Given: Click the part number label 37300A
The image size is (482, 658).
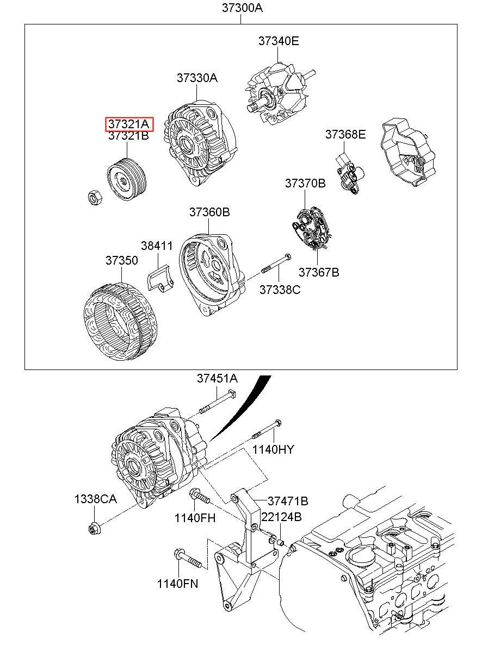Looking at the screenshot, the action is (x=242, y=8).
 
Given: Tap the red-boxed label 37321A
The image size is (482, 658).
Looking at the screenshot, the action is (x=129, y=124).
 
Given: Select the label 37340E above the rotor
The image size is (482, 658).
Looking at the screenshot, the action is (x=279, y=41).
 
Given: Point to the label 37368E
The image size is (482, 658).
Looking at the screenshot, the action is (x=345, y=134).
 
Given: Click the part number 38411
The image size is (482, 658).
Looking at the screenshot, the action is (x=157, y=246).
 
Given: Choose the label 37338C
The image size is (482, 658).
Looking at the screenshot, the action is (x=280, y=290).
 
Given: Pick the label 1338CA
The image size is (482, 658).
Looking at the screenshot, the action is (x=96, y=499).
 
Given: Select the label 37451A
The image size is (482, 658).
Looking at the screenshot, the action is (x=217, y=378).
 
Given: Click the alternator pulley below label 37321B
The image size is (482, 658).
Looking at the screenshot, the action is (x=126, y=179).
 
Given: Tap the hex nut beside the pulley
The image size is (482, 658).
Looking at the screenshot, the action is (x=95, y=197).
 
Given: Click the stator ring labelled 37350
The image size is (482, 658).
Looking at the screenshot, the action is (x=121, y=321).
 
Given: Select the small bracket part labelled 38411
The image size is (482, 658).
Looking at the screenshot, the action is (x=160, y=278).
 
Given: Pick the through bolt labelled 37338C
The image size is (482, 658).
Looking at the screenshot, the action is (x=276, y=264).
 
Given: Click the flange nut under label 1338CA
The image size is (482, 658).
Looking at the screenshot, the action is (x=95, y=529).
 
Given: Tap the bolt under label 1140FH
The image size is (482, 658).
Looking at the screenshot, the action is (x=200, y=496).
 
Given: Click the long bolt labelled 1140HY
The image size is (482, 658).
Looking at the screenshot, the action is (x=267, y=429).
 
